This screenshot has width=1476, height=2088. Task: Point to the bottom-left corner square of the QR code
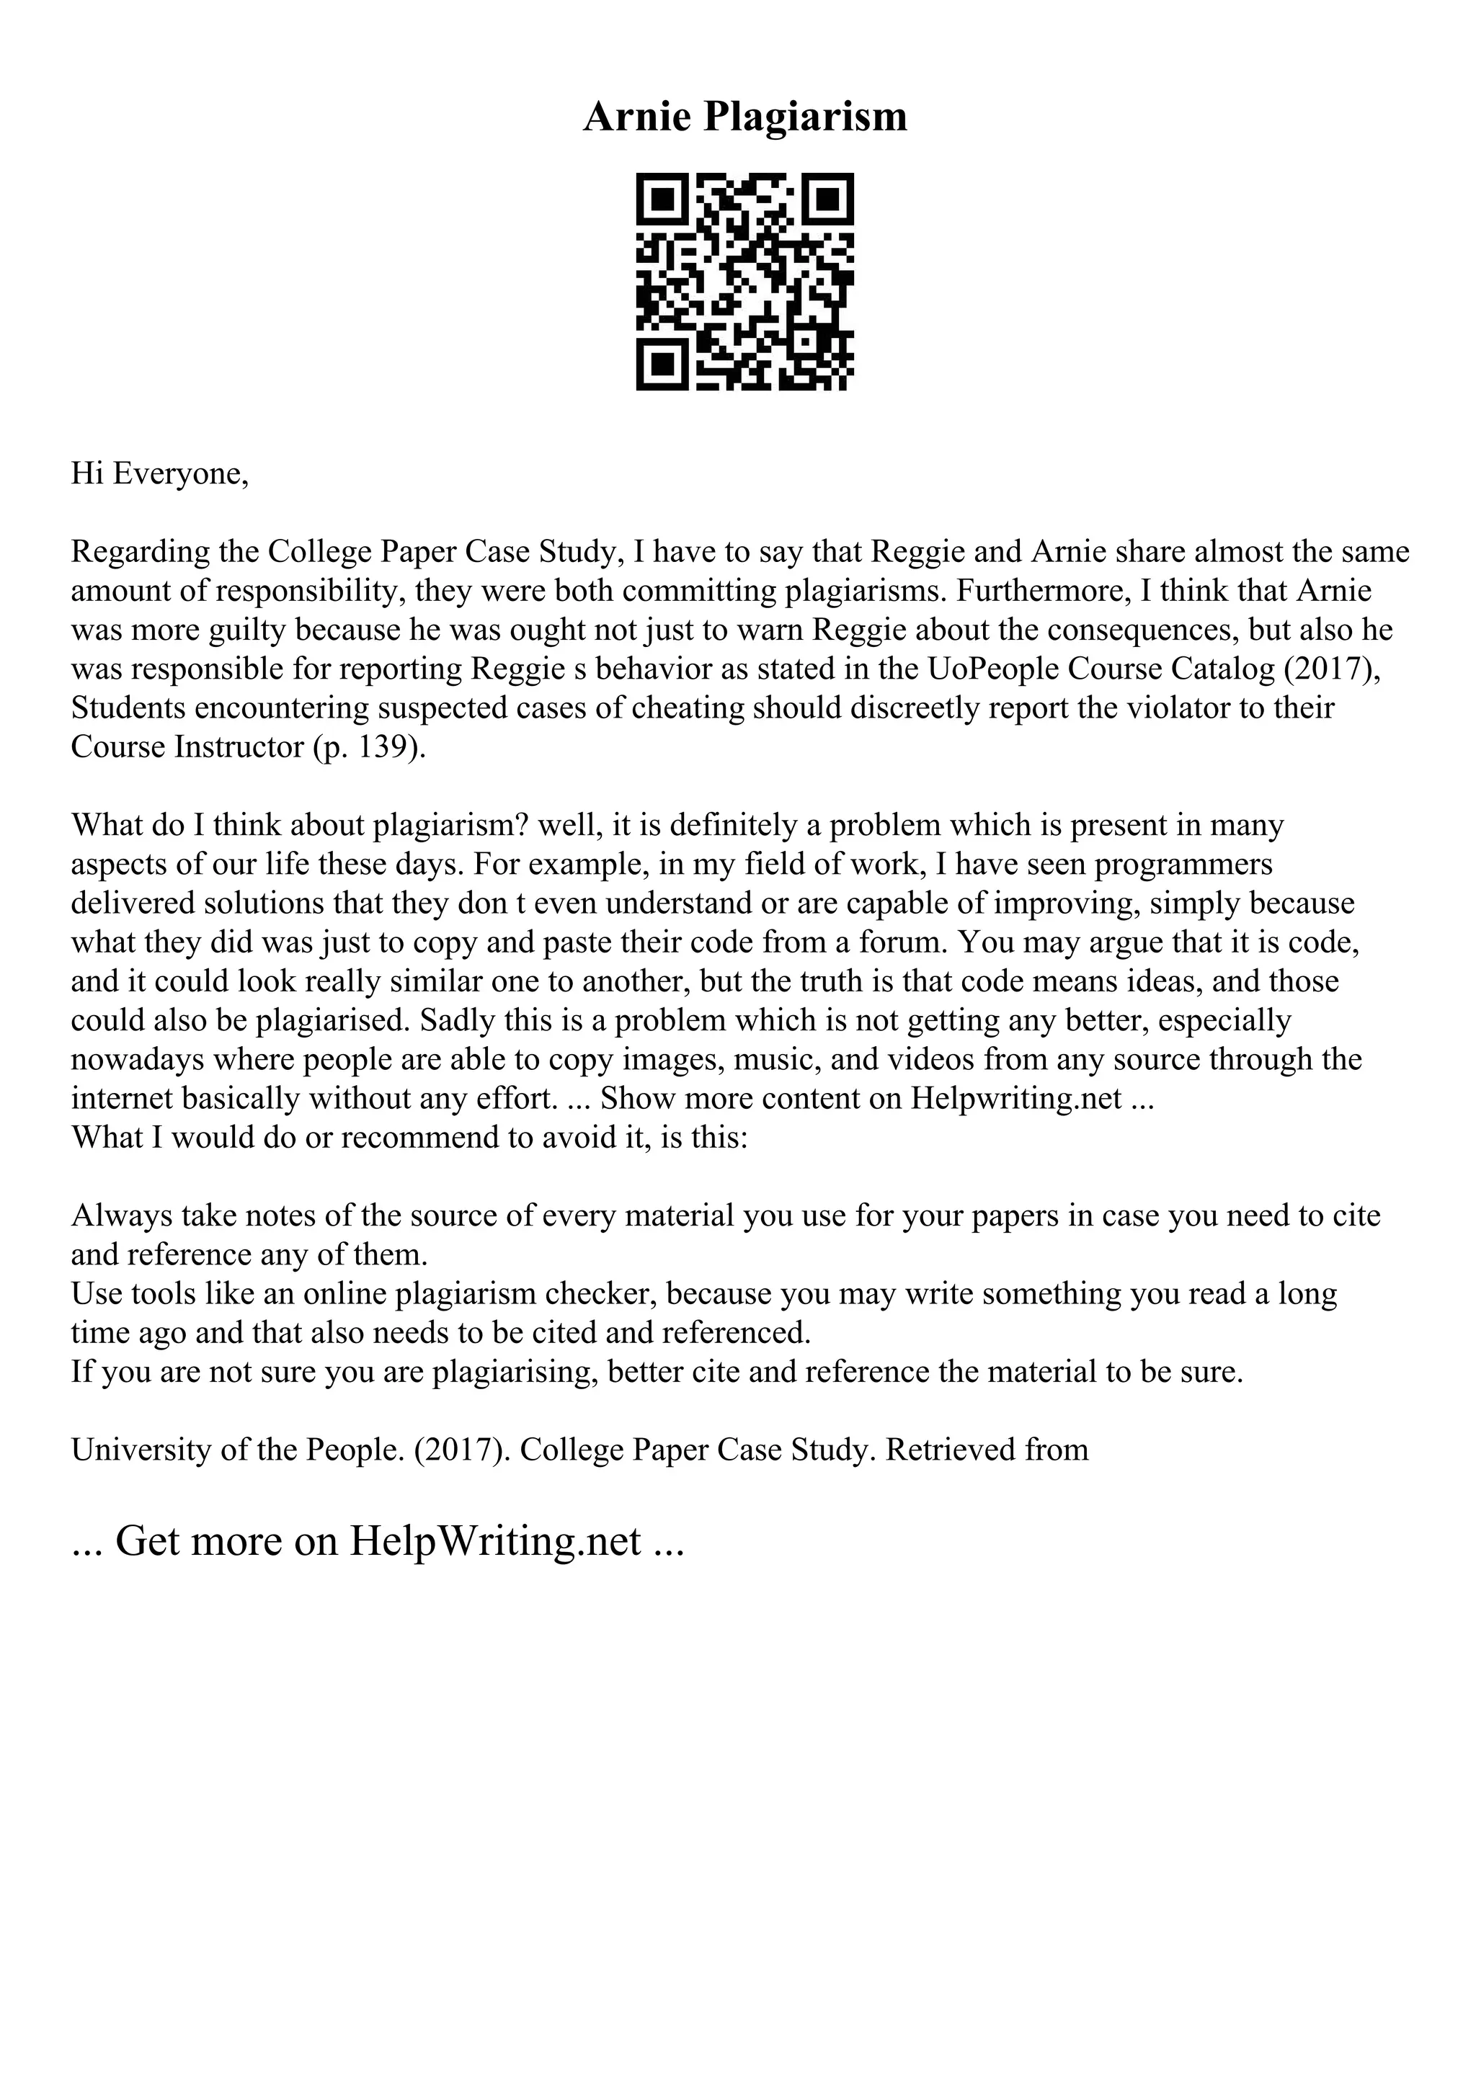coord(664,364)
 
